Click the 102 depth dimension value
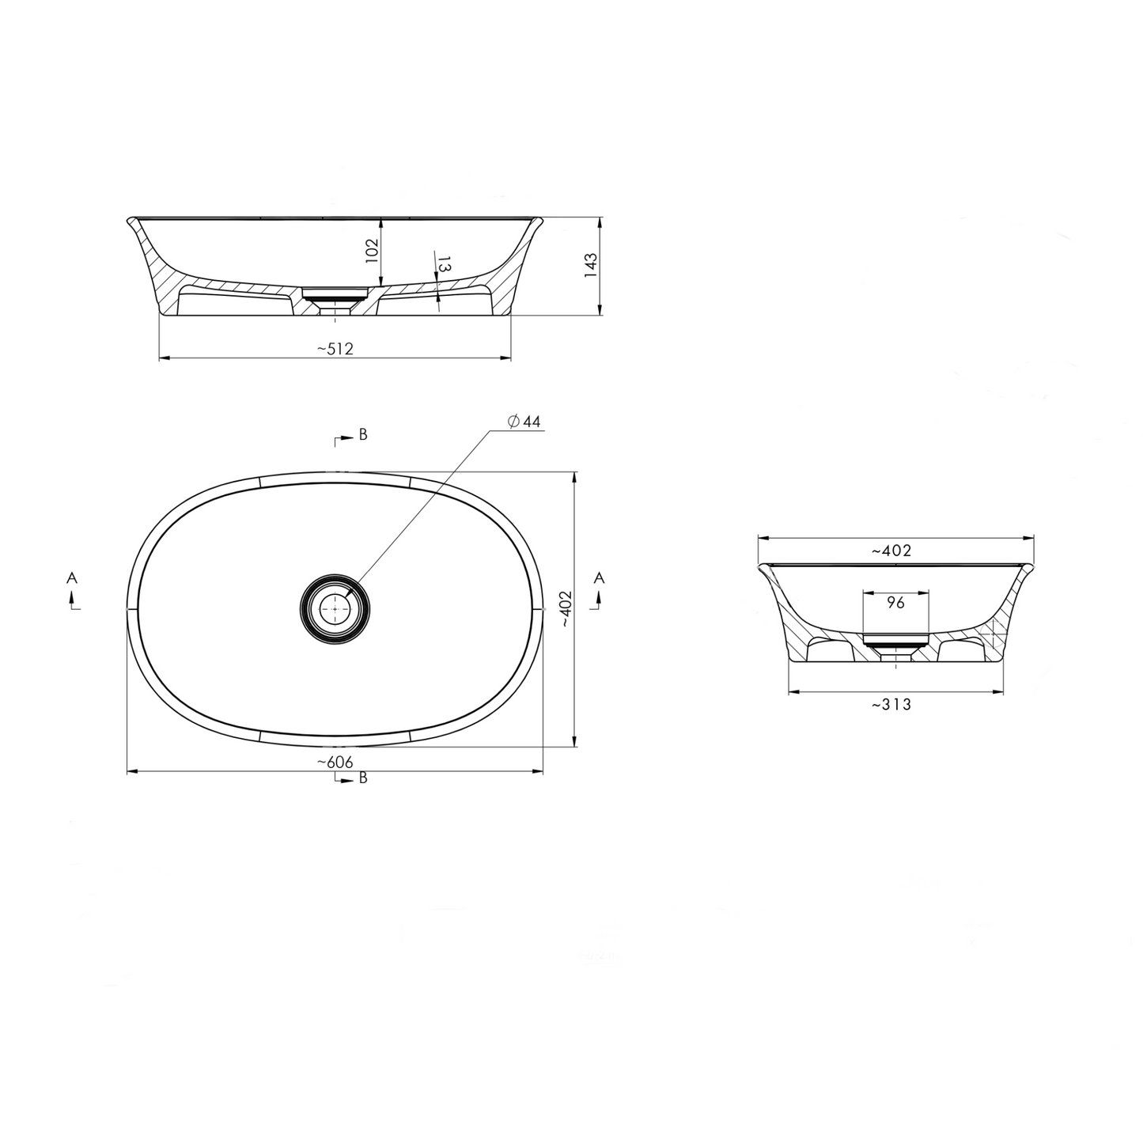pos(373,249)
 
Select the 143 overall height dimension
pos(590,265)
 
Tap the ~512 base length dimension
pos(335,349)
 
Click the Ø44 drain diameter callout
pos(523,422)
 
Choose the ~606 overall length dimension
pos(335,762)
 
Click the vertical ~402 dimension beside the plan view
pos(564,609)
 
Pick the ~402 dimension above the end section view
pos(891,551)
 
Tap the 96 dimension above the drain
pos(895,603)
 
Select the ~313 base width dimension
pos(891,704)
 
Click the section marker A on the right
pos(600,579)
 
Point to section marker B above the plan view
pos(362,434)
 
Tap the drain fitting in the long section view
pos(335,297)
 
